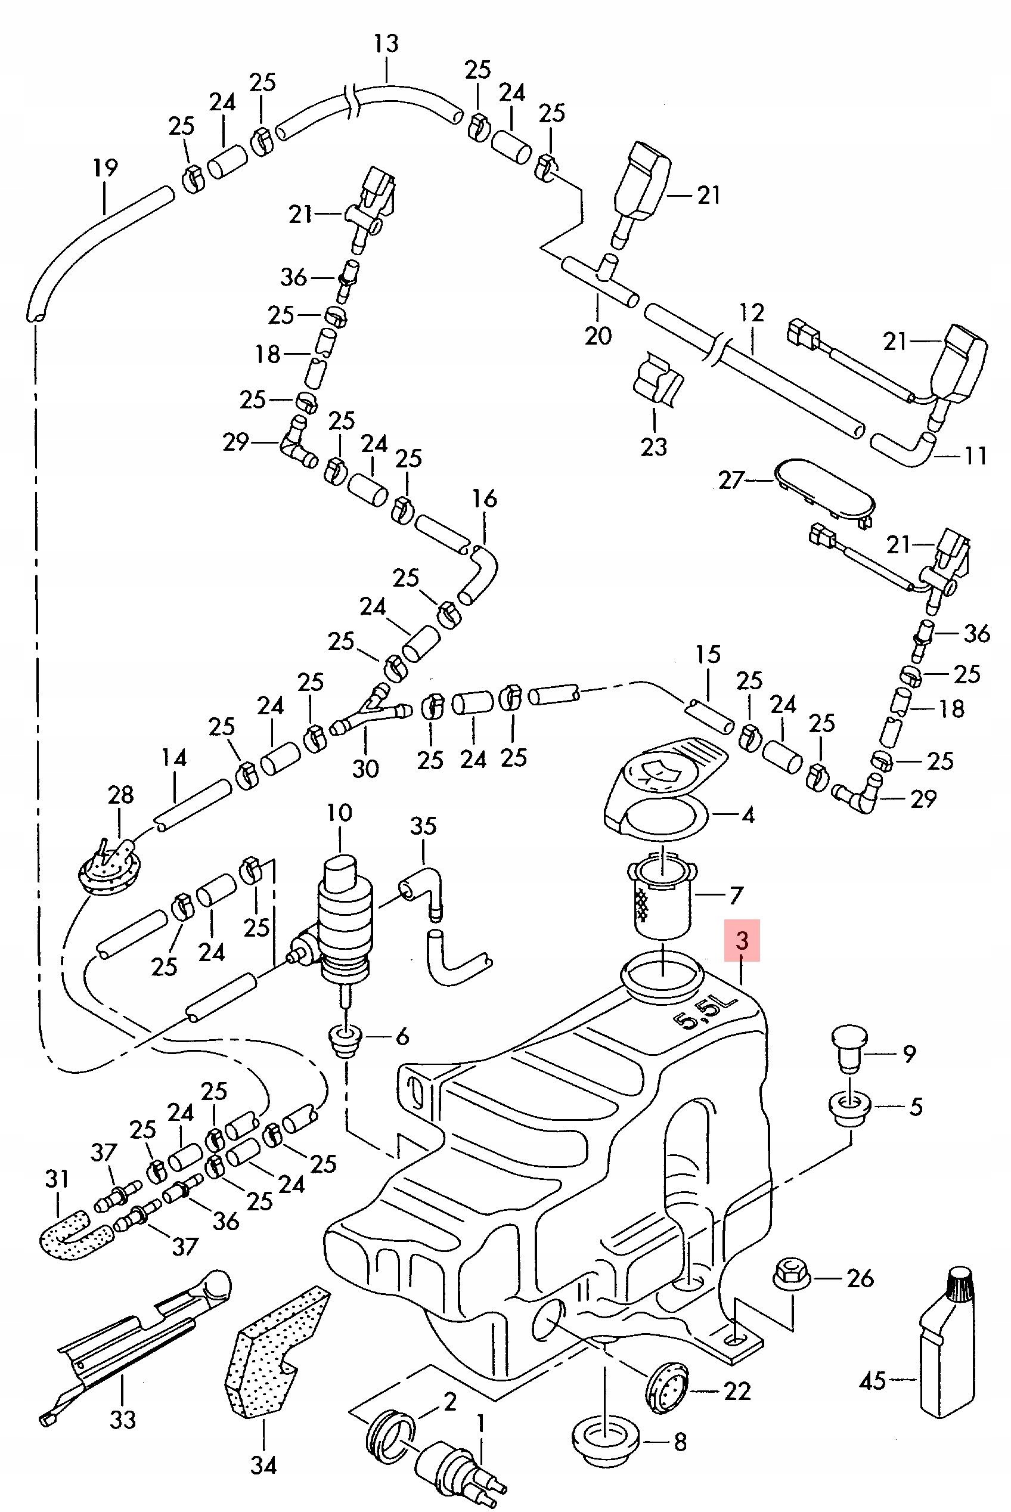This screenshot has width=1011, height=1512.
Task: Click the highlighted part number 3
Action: click(742, 941)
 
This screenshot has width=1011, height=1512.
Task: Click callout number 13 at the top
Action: click(386, 45)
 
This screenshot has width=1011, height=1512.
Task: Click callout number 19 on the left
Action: click(105, 169)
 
